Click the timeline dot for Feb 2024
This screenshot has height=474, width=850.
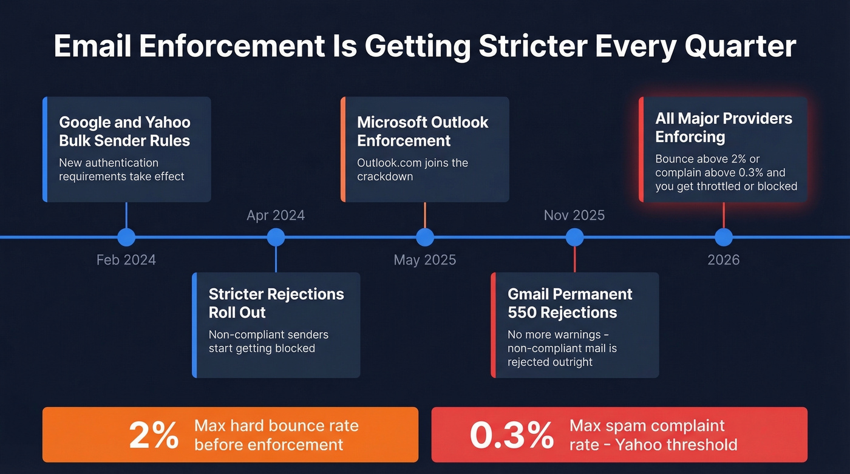126,237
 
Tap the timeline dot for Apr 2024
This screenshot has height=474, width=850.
276,237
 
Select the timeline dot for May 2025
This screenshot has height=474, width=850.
425,237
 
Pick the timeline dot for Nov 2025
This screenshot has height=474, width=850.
574,237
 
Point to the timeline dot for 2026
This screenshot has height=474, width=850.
724,237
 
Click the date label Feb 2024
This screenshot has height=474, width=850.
126,260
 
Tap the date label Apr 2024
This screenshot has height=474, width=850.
276,215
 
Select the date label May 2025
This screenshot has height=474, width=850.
425,260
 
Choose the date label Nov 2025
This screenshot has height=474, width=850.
574,215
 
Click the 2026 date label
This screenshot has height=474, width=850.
724,260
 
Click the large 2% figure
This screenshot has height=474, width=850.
154,435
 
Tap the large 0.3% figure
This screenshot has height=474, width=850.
512,435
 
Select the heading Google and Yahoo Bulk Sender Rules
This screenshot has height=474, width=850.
124,131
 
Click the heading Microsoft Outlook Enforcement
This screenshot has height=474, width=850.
423,131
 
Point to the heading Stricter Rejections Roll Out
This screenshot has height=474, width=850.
276,303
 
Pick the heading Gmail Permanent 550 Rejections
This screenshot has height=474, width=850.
569,303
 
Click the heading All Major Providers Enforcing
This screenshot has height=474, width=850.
724,127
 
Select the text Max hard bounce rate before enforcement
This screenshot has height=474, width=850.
276,435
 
